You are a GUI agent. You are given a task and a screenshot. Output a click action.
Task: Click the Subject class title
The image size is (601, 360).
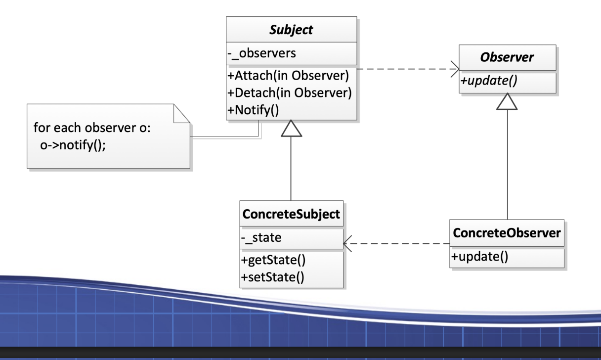[x=291, y=30]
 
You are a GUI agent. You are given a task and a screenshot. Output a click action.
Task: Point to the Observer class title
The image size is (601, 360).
[x=508, y=57]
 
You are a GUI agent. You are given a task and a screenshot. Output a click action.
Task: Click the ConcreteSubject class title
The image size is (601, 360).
[x=291, y=215]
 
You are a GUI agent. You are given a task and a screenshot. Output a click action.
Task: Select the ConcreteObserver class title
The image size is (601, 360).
[x=508, y=233]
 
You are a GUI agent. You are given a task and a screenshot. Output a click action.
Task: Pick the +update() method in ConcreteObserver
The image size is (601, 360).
[x=479, y=257]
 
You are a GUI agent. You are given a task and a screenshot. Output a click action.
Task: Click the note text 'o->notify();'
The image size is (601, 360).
[x=73, y=146]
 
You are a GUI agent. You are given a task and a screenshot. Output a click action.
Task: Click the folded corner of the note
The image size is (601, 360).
[x=181, y=113]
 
